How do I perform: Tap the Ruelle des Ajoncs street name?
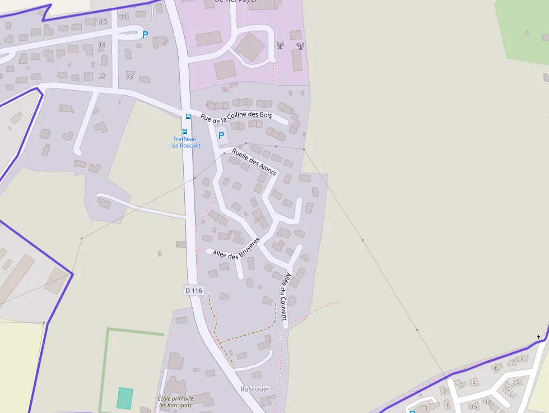(x=254, y=162)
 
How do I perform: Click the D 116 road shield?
(x=193, y=290)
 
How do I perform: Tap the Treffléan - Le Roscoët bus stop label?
(x=185, y=142)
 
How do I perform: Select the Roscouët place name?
(x=255, y=389)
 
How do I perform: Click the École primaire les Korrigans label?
(x=175, y=402)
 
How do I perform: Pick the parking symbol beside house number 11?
(x=145, y=35)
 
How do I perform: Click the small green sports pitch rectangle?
(x=125, y=398)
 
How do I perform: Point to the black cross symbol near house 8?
(x=539, y=337)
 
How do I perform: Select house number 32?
(x=101, y=76)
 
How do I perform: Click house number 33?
(x=130, y=76)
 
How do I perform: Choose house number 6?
(x=496, y=368)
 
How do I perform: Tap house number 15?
(x=473, y=406)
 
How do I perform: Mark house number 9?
(x=518, y=382)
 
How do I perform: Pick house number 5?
(x=473, y=382)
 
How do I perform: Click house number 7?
(x=512, y=363)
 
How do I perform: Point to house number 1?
(x=446, y=405)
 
